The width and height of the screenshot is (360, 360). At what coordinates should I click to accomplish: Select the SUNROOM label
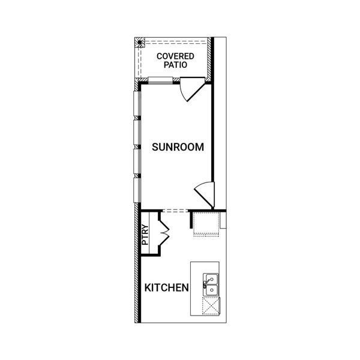pyautogui.click(x=178, y=146)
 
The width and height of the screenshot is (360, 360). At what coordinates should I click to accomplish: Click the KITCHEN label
pyautogui.click(x=167, y=288)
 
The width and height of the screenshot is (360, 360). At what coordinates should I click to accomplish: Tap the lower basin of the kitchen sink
pyautogui.click(x=211, y=292)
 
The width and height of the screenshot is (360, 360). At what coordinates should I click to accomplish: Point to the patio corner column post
pyautogui.click(x=139, y=43)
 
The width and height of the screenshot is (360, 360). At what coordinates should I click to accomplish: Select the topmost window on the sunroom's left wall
pyautogui.click(x=136, y=104)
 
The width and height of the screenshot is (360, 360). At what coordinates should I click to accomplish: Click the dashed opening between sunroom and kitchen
pyautogui.click(x=175, y=210)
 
